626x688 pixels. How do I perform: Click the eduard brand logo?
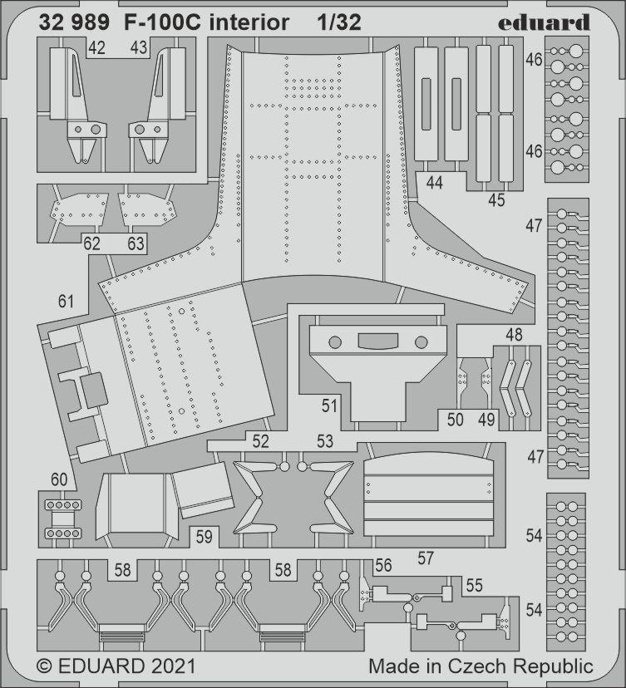point(545,22)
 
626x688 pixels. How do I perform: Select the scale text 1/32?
point(338,23)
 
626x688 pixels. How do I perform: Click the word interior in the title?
point(249,23)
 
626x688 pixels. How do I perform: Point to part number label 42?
point(96,48)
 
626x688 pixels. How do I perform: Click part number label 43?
point(139,48)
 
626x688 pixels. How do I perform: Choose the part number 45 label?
point(496,199)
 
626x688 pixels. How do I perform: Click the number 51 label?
point(330,405)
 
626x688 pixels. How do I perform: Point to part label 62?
point(92,243)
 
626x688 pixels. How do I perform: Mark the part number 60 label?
point(58,479)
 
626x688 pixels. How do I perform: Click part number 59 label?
point(205,537)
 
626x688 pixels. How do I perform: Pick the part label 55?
point(474,585)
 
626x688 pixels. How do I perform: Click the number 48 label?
point(514,336)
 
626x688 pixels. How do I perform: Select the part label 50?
point(455,420)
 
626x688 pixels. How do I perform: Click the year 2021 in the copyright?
point(173,666)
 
